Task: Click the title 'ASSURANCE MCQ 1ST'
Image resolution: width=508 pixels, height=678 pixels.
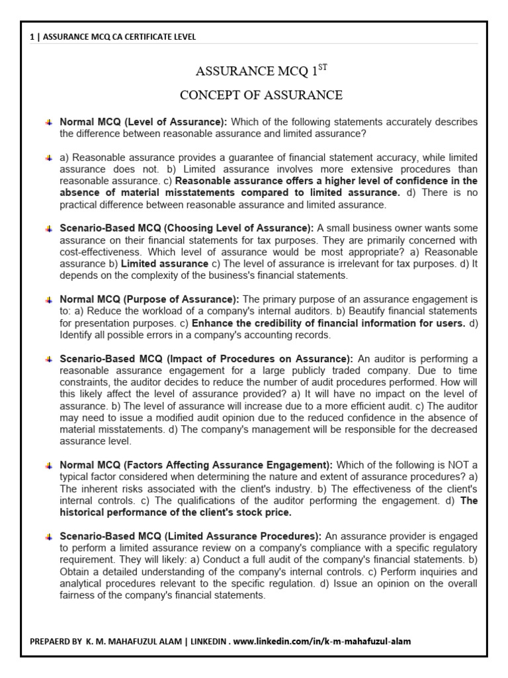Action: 261,70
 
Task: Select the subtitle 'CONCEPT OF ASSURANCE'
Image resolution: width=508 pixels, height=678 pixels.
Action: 261,95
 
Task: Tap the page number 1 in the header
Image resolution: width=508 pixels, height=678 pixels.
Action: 32,37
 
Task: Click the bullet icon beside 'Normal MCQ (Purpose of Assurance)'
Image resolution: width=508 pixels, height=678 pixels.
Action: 49,300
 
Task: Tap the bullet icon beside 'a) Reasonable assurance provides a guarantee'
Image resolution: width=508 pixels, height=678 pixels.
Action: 49,158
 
